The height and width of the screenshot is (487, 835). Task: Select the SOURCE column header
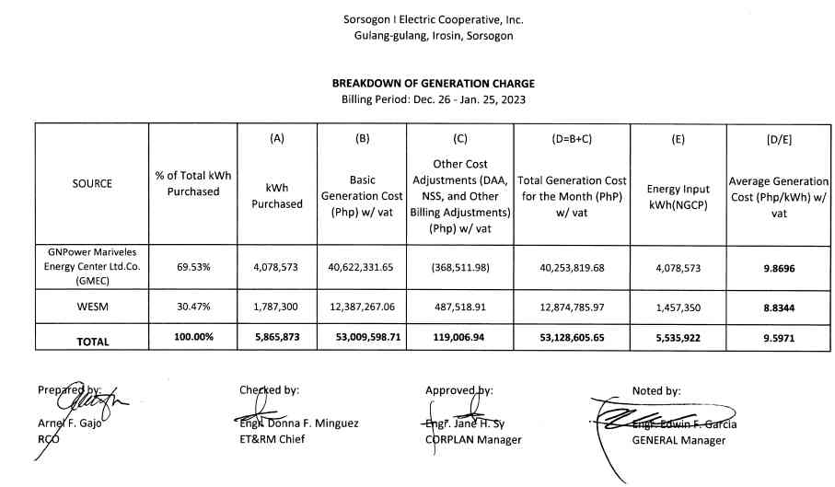coord(92,183)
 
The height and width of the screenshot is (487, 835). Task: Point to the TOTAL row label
coord(92,341)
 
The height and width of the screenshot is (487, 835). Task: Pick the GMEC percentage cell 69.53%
coord(193,267)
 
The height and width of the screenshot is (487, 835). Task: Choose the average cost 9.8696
coord(779,267)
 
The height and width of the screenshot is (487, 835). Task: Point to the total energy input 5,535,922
coord(679,339)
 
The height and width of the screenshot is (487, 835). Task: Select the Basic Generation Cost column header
coord(362,195)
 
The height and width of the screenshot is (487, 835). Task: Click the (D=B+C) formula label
coord(572,139)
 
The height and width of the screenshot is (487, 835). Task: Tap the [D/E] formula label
coord(779,139)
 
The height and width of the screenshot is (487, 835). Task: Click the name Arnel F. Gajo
coord(69,424)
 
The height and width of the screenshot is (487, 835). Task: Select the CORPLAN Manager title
coord(473,439)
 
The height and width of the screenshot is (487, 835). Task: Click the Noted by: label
coord(656,390)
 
